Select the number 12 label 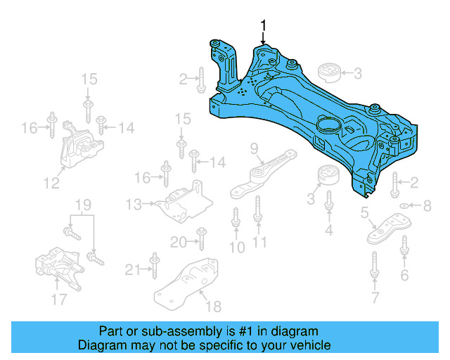(51, 184)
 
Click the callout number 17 (59, 300)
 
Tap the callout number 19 (84, 205)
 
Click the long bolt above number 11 (259, 212)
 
